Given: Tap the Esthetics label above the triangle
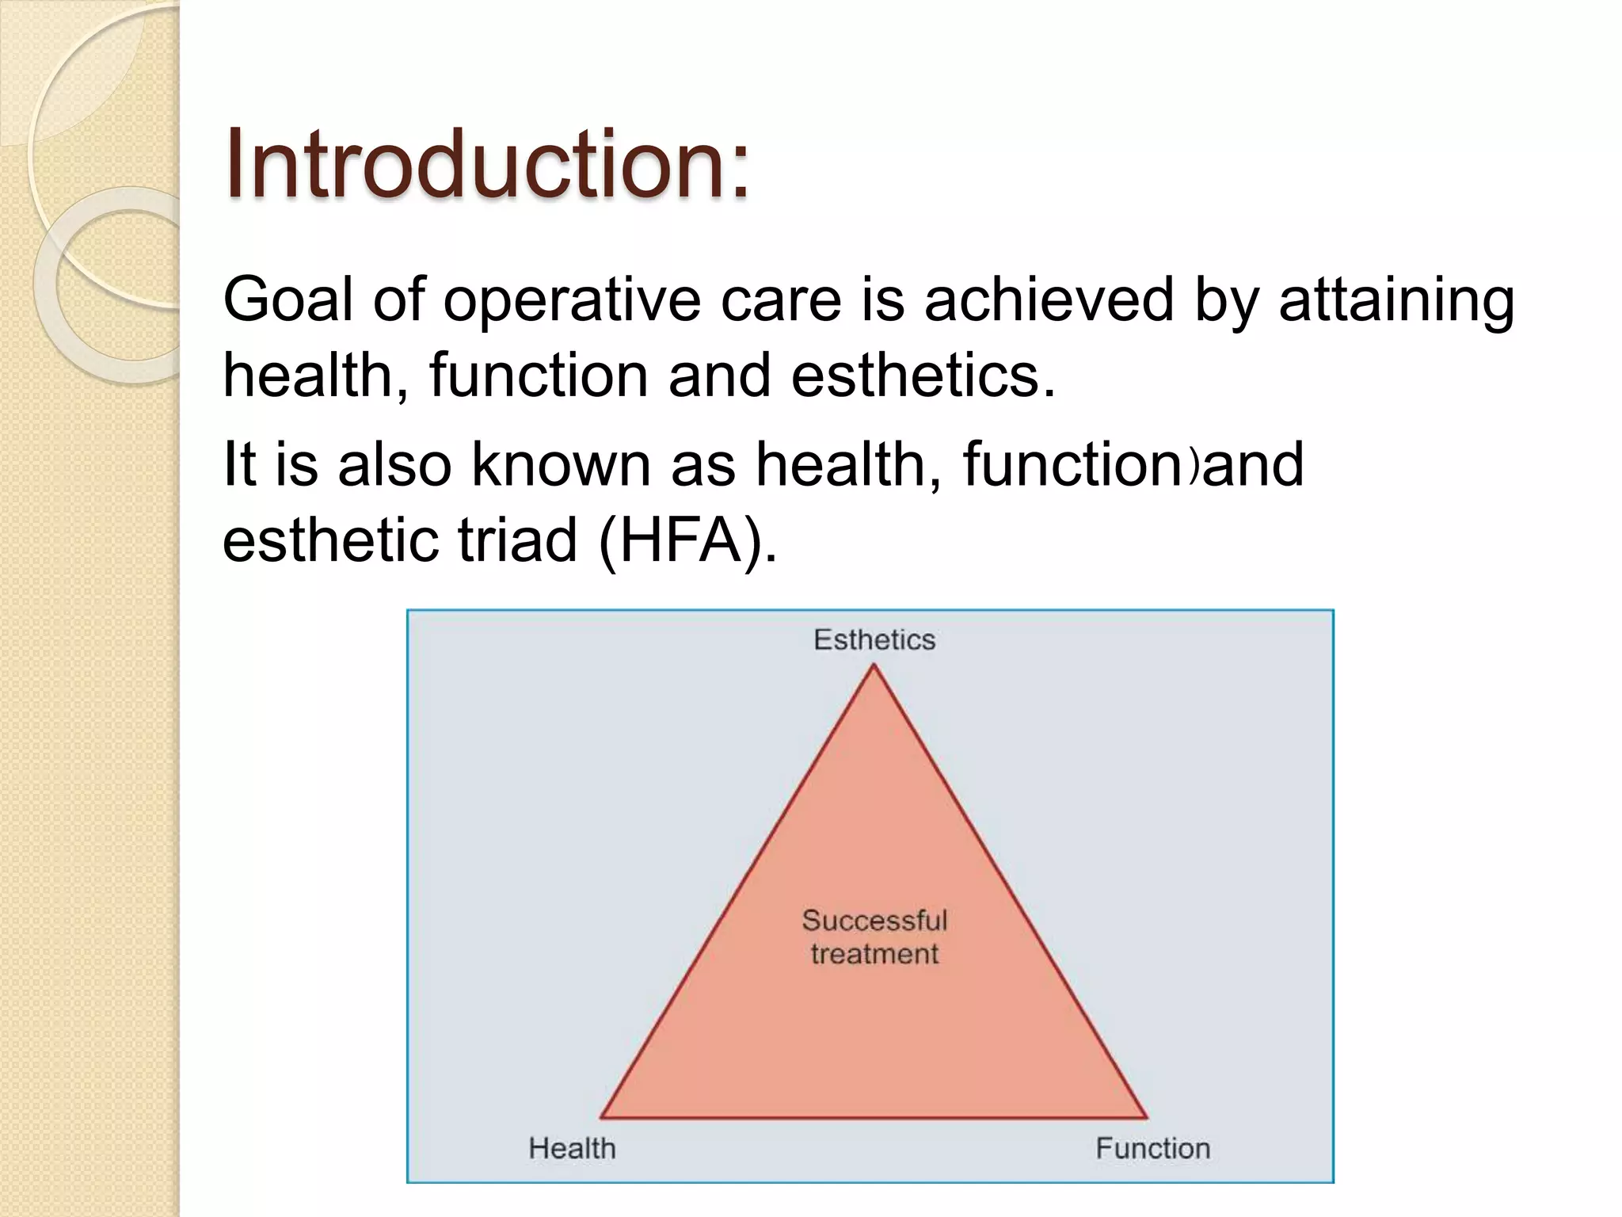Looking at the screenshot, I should (x=874, y=639).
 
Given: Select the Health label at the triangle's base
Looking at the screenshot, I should (x=572, y=1148).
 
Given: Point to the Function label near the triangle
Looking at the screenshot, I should (x=1152, y=1148).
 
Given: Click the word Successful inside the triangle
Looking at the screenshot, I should (x=874, y=920).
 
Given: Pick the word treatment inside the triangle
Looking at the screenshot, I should (x=874, y=953).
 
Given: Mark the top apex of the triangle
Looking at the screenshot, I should (x=874, y=666).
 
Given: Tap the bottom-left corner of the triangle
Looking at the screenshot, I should (x=602, y=1117).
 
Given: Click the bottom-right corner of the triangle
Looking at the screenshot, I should (x=1145, y=1117).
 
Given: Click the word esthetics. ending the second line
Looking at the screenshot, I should (x=923, y=376).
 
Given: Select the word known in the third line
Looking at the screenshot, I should (x=561, y=464).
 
